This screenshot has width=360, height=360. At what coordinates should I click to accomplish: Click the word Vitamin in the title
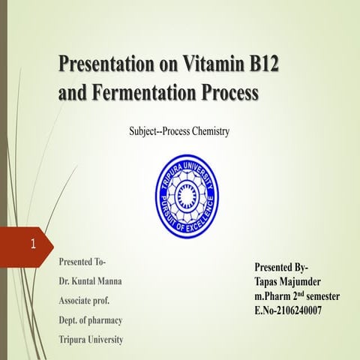coord(213,66)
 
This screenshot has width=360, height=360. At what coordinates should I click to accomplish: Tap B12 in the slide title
coord(261,66)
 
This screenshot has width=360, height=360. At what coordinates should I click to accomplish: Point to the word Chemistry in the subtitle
coord(205,131)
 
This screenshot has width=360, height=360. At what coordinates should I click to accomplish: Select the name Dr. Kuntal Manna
coord(91,282)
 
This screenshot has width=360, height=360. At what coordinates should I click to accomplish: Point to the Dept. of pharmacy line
coord(91,320)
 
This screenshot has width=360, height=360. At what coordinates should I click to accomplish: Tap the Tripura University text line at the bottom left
coord(91,340)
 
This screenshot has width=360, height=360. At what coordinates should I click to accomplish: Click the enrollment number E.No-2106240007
coord(289,310)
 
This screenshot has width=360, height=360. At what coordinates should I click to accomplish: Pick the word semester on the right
coord(319,296)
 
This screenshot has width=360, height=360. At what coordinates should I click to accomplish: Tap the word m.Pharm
coord(271,296)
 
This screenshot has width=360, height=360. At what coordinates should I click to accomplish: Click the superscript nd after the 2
coord(298,293)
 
